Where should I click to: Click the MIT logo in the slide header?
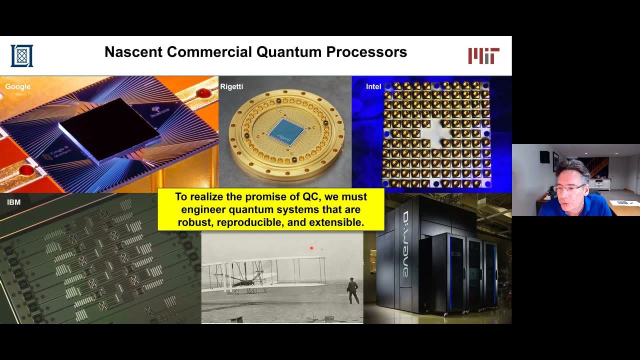483,55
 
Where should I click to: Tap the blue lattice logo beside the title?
22,55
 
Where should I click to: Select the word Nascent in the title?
133,52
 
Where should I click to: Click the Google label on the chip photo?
18,86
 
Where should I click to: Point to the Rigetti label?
231,86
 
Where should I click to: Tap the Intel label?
373,86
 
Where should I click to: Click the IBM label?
13,202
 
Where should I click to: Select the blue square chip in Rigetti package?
286,131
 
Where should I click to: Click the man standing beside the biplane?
353,290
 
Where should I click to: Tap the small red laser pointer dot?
311,248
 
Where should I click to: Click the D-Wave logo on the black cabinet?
405,244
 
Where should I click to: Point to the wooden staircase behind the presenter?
598,167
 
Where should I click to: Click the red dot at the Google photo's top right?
203,93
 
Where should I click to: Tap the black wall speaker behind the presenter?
544,156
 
